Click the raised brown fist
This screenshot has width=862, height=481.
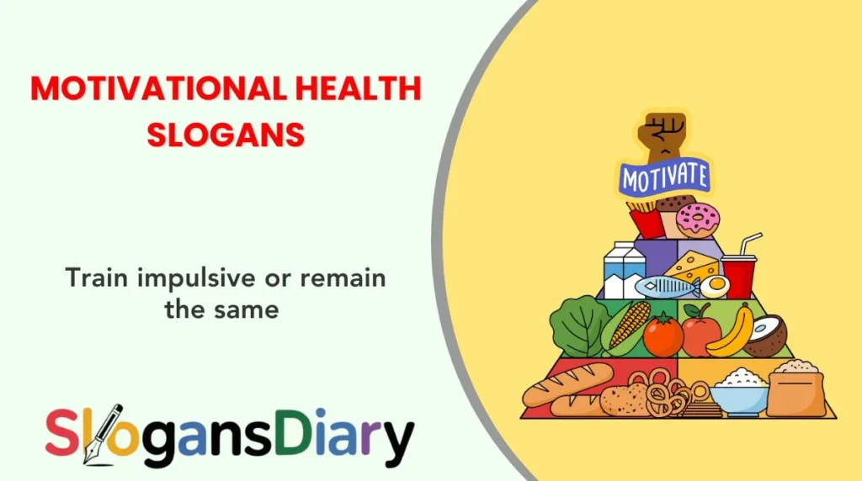coord(664,135)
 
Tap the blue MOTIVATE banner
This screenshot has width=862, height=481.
coord(664,177)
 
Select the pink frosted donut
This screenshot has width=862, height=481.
coord(698,219)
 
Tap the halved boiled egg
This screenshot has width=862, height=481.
coord(715,288)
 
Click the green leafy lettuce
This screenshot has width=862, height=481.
coord(579,325)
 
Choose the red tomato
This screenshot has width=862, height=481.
coord(663,336)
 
